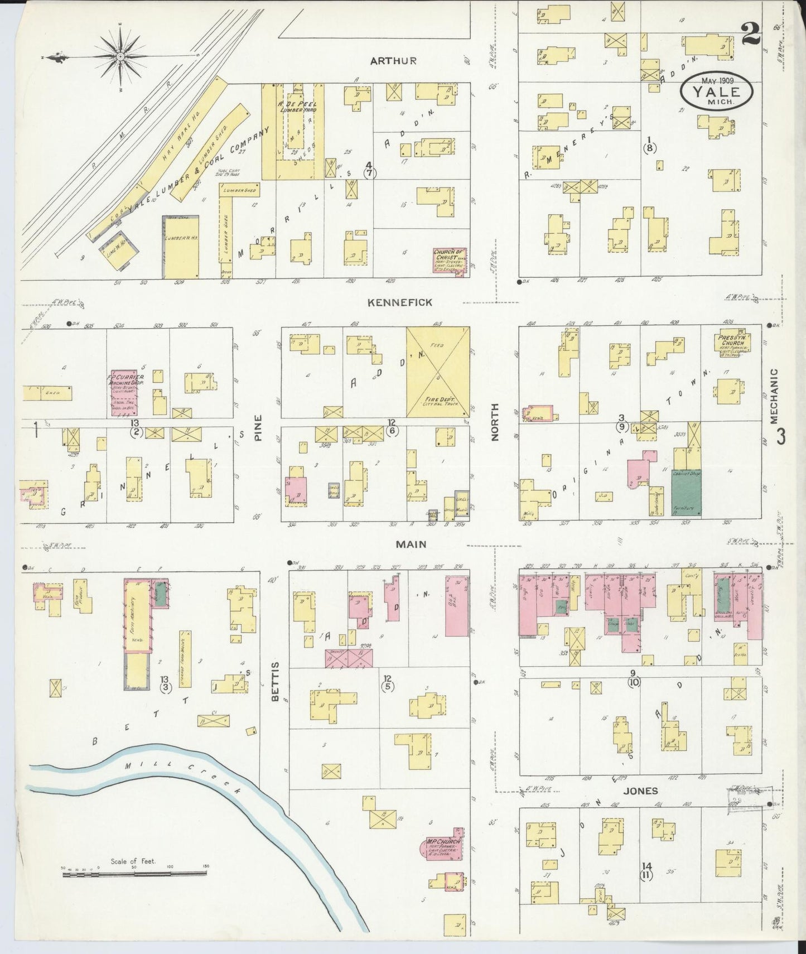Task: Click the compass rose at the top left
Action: pyautogui.click(x=120, y=57)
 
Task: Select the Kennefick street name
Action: pyautogui.click(x=400, y=302)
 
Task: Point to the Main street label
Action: pyautogui.click(x=412, y=544)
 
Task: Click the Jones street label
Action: pyautogui.click(x=640, y=791)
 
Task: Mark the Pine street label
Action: pyautogui.click(x=258, y=430)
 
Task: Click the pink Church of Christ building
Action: pyautogui.click(x=450, y=260)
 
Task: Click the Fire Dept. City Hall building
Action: pyautogui.click(x=437, y=372)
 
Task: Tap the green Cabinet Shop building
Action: pyautogui.click(x=686, y=492)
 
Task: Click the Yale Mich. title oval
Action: pyautogui.click(x=716, y=91)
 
